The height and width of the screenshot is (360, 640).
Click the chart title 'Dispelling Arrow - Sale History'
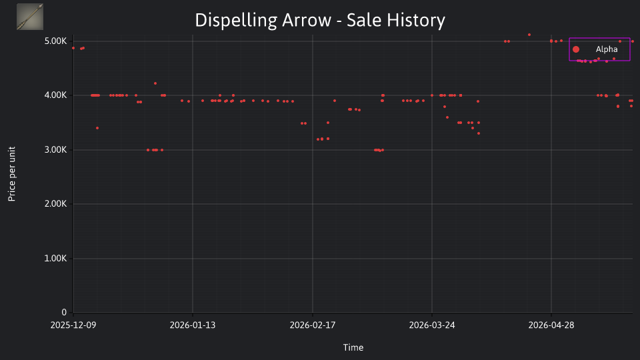pyautogui.click(x=320, y=21)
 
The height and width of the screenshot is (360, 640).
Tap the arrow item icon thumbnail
pyautogui.click(x=30, y=17)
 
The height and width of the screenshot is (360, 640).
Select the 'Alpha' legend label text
pyautogui.click(x=607, y=49)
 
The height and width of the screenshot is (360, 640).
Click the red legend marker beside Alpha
pyautogui.click(x=576, y=49)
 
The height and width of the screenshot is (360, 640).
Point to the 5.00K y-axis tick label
pyautogui.click(x=55, y=41)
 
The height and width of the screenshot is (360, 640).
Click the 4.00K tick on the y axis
pyautogui.click(x=55, y=95)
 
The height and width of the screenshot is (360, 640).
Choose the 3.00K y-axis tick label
pyautogui.click(x=55, y=150)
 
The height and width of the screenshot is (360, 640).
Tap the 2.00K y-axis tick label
pyautogui.click(x=55, y=204)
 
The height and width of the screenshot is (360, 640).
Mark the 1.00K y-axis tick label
pyautogui.click(x=55, y=259)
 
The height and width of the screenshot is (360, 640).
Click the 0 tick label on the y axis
pyautogui.click(x=64, y=312)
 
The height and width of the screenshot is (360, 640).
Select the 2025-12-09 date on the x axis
pyautogui.click(x=73, y=325)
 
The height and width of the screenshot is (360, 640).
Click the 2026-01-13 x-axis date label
pyautogui.click(x=193, y=325)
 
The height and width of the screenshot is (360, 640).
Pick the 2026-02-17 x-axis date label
pyautogui.click(x=313, y=325)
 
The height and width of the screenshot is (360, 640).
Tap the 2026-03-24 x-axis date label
pyautogui.click(x=432, y=325)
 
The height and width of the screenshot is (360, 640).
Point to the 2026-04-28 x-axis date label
pyautogui.click(x=551, y=325)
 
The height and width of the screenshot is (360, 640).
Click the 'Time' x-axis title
pyautogui.click(x=353, y=347)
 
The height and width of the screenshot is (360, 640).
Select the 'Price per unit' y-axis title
pyautogui.click(x=12, y=174)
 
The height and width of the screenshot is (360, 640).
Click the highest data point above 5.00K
pyautogui.click(x=529, y=35)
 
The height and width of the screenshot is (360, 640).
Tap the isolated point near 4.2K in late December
pyautogui.click(x=155, y=83)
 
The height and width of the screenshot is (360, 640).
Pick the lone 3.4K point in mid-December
pyautogui.click(x=97, y=128)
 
